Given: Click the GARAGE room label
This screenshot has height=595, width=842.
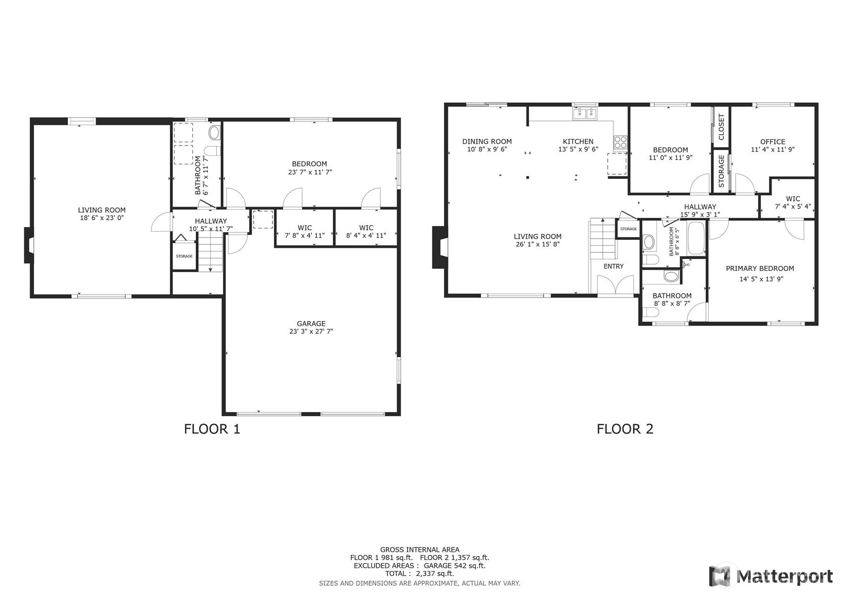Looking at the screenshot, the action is pos(311,324).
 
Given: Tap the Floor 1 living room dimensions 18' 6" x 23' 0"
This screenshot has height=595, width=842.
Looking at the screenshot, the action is pos(102,218).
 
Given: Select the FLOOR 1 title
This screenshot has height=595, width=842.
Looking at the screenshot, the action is pos(212,429).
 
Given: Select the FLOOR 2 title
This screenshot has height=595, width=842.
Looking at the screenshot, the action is pos(625,429).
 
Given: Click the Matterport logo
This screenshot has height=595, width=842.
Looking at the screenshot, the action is pos(770,576).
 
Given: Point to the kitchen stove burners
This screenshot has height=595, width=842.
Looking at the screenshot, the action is pos(620,142).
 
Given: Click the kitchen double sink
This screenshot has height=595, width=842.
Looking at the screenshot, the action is pos(584,113).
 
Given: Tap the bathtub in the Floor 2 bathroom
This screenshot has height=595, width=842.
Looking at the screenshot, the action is pos(696,238).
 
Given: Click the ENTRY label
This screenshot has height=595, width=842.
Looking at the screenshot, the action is pos(613,266).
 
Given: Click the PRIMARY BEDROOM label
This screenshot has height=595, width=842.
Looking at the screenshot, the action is pos(760,268).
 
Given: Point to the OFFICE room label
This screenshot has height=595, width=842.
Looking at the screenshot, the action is pos(772,142).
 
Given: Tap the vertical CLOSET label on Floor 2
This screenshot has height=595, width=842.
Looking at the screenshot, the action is pos(721,127).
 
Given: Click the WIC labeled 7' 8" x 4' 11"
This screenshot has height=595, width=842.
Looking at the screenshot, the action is pos(305,232).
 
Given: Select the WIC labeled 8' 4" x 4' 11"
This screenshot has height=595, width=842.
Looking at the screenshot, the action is pos(366,232).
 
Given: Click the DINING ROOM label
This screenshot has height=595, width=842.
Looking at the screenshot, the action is pos(487,142).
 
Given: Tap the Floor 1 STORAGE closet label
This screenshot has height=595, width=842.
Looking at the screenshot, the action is pos(184,256).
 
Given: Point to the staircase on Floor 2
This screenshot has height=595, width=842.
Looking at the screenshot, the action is pos(603,238).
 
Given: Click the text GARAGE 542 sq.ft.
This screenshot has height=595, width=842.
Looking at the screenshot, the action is pos(454,566).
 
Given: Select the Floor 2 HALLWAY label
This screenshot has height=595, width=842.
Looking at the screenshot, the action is pos(700,207).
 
